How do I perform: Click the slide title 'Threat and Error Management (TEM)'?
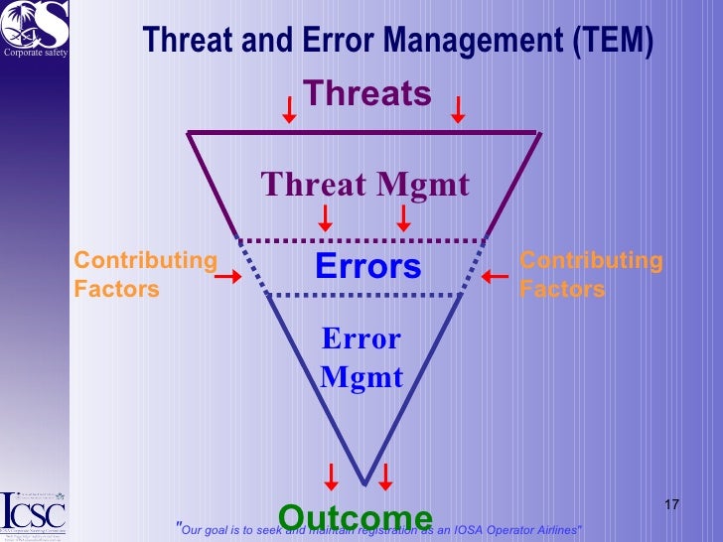pyautogui.click(x=398, y=41)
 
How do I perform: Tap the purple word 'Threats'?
pyautogui.click(x=367, y=93)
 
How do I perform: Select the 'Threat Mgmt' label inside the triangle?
pyautogui.click(x=364, y=185)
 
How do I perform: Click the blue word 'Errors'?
pyautogui.click(x=367, y=267)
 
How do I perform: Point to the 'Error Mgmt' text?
pyautogui.click(x=361, y=358)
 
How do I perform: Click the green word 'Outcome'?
pyautogui.click(x=356, y=517)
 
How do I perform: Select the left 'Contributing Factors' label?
pyautogui.click(x=145, y=275)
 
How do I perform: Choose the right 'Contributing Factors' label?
pyautogui.click(x=591, y=275)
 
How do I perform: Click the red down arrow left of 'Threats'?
pyautogui.click(x=288, y=109)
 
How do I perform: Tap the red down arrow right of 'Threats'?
pyautogui.click(x=458, y=109)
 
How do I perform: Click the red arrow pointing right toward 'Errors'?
pyautogui.click(x=228, y=277)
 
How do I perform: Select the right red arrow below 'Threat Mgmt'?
pyautogui.click(x=403, y=217)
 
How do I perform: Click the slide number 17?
pyautogui.click(x=671, y=506)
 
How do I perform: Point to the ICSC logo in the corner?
pyautogui.click(x=33, y=511)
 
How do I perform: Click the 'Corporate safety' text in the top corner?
pyautogui.click(x=34, y=53)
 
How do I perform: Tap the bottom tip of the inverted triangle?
pyautogui.click(x=365, y=483)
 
